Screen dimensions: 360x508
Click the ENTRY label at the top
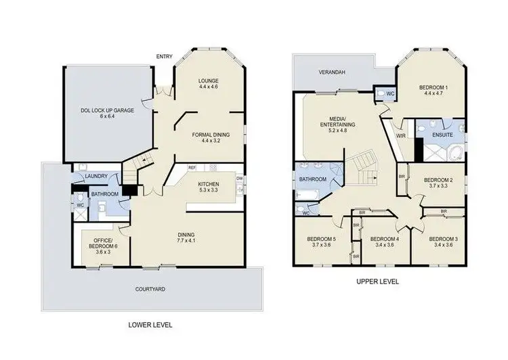coord(163,56)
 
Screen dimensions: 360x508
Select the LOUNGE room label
coord(208,79)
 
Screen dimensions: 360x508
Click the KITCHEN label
coord(208,183)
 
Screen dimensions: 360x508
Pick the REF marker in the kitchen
coord(192,167)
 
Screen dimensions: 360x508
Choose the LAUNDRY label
coord(97,177)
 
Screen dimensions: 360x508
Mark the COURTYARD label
coord(150,289)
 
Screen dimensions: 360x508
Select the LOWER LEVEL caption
coord(150,325)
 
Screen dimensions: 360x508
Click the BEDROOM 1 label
coord(433,87)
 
